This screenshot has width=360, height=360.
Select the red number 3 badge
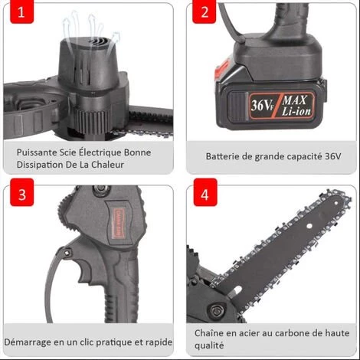pos(22,195)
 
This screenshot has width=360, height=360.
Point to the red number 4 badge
pos(205,195)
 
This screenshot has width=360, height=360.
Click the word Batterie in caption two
pos(224,156)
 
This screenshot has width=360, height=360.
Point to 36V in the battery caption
pos(332,156)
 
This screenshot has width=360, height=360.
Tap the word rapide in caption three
pos(157,342)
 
